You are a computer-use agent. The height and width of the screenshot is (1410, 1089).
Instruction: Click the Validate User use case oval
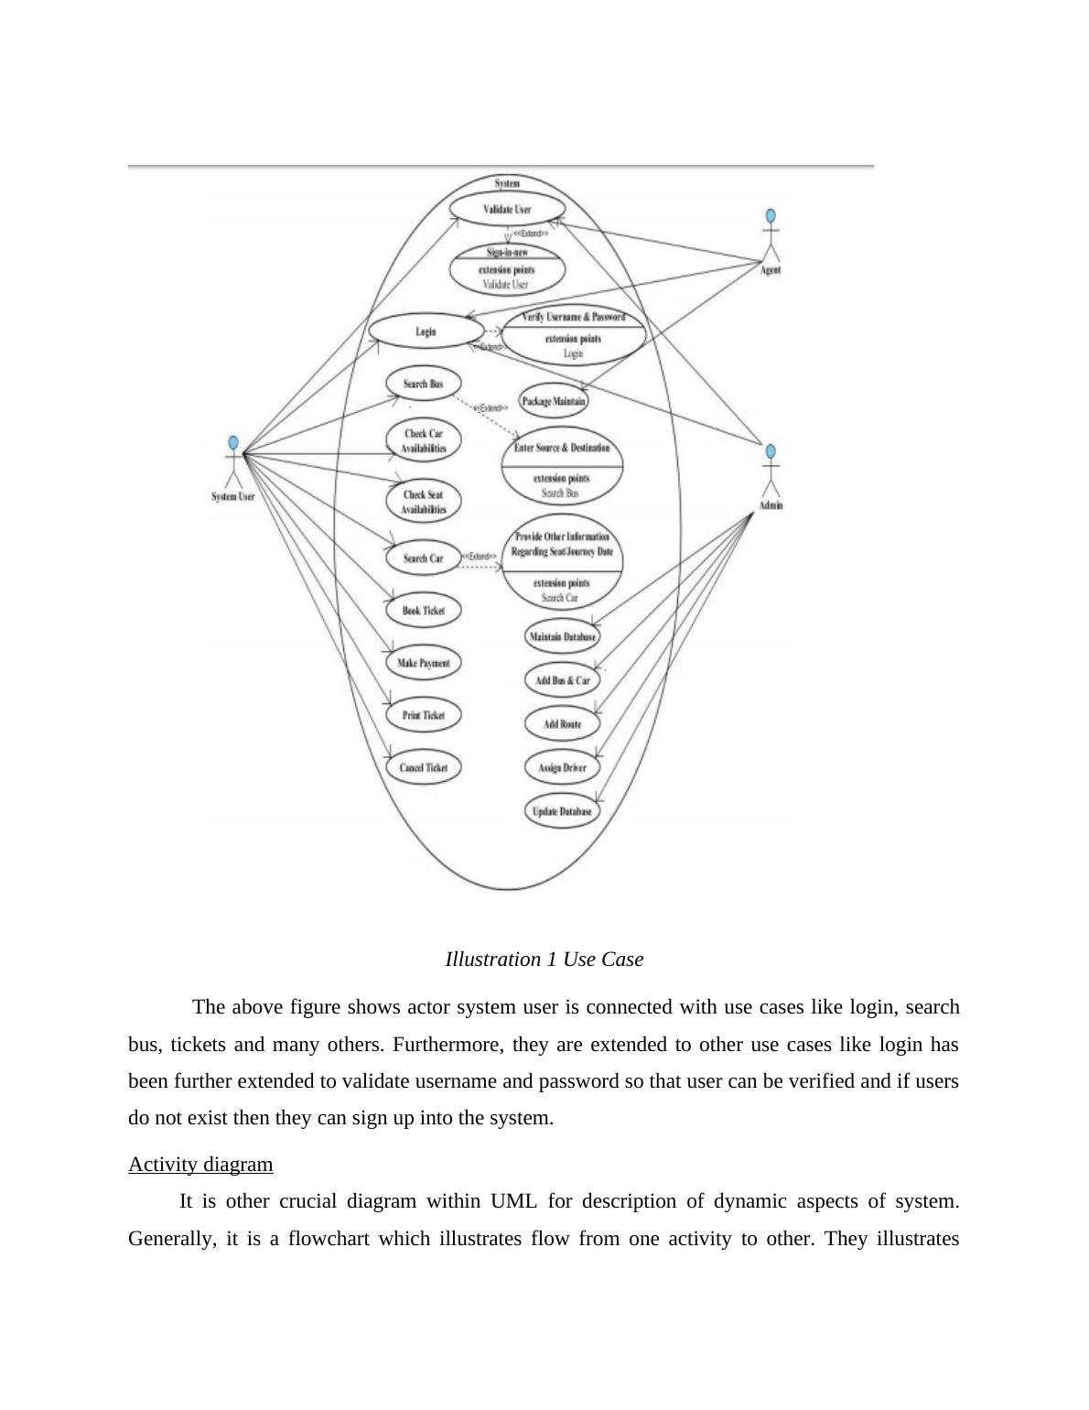coord(507,209)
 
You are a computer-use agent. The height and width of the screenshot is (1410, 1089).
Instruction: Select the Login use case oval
coord(426,331)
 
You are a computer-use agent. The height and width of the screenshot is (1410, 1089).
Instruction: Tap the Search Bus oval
coord(423,384)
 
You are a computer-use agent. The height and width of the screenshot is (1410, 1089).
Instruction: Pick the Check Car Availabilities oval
coord(423,440)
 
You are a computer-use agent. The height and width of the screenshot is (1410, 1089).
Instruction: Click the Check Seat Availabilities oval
coord(423,502)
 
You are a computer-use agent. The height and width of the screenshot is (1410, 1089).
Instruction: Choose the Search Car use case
coord(423,558)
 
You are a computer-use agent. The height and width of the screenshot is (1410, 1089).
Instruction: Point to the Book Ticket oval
coord(423,610)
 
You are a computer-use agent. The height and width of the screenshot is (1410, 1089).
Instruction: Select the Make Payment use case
coord(423,663)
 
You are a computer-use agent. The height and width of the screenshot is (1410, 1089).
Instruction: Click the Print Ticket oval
coord(423,715)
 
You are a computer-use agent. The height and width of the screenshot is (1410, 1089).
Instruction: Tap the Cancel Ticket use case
coord(423,767)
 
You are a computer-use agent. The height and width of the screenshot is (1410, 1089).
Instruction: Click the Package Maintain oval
coord(554,401)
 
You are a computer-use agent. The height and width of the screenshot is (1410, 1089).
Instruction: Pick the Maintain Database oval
coord(562,636)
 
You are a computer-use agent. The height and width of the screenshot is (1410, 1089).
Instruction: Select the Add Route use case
coord(562,724)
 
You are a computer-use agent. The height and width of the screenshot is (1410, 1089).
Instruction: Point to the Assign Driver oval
coord(562,767)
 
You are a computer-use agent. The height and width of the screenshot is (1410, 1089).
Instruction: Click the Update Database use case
coord(562,811)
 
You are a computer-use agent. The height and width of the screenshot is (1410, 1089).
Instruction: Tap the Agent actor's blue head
coord(771,216)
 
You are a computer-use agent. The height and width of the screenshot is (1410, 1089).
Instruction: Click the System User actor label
coord(232,496)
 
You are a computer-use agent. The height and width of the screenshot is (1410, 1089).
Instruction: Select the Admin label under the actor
coord(771,504)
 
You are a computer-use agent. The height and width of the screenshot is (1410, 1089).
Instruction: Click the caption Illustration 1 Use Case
coord(544,960)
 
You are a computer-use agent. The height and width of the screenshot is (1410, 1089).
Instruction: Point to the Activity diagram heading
coord(200,1165)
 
